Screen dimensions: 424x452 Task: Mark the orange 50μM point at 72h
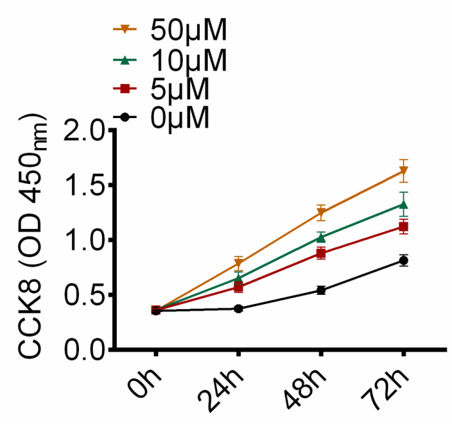[x=403, y=172]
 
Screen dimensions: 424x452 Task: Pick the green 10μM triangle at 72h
[x=403, y=205]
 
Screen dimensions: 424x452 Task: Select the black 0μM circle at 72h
[x=403, y=261]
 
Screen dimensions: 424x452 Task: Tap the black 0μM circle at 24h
[x=238, y=309]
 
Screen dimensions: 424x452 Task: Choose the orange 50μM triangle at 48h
[x=321, y=213]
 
